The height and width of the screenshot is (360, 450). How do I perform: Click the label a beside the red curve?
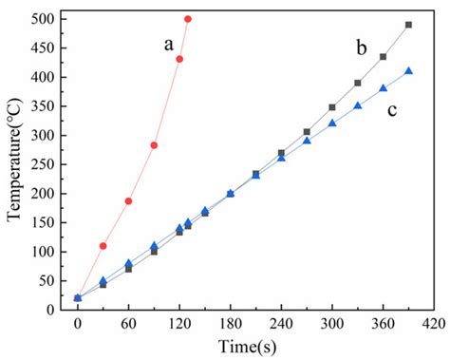pyautogui.click(x=168, y=44)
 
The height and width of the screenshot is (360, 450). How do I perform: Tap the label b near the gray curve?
pyautogui.click(x=361, y=47)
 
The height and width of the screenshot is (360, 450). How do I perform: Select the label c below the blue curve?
pyautogui.click(x=390, y=110)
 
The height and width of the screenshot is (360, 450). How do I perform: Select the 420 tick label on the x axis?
pyautogui.click(x=434, y=322)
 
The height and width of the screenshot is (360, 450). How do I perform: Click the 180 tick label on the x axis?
pyautogui.click(x=230, y=322)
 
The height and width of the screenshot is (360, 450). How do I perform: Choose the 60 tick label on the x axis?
pyautogui.click(x=128, y=322)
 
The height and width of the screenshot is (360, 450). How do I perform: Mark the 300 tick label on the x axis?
pyautogui.click(x=332, y=322)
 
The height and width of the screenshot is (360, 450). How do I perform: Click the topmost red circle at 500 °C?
pyautogui.click(x=188, y=19)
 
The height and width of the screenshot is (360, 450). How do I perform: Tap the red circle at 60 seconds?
pyautogui.click(x=128, y=201)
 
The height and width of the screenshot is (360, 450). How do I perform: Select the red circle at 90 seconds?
pyautogui.click(x=154, y=145)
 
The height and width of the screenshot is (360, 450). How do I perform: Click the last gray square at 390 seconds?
pyautogui.click(x=408, y=25)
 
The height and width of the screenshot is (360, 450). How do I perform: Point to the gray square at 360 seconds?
pyautogui.click(x=384, y=57)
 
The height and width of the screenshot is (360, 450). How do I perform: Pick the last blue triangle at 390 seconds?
pyautogui.click(x=408, y=70)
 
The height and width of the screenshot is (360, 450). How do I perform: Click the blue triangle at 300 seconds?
pyautogui.click(x=332, y=123)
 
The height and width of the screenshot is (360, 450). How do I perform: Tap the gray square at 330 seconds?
pyautogui.click(x=358, y=83)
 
